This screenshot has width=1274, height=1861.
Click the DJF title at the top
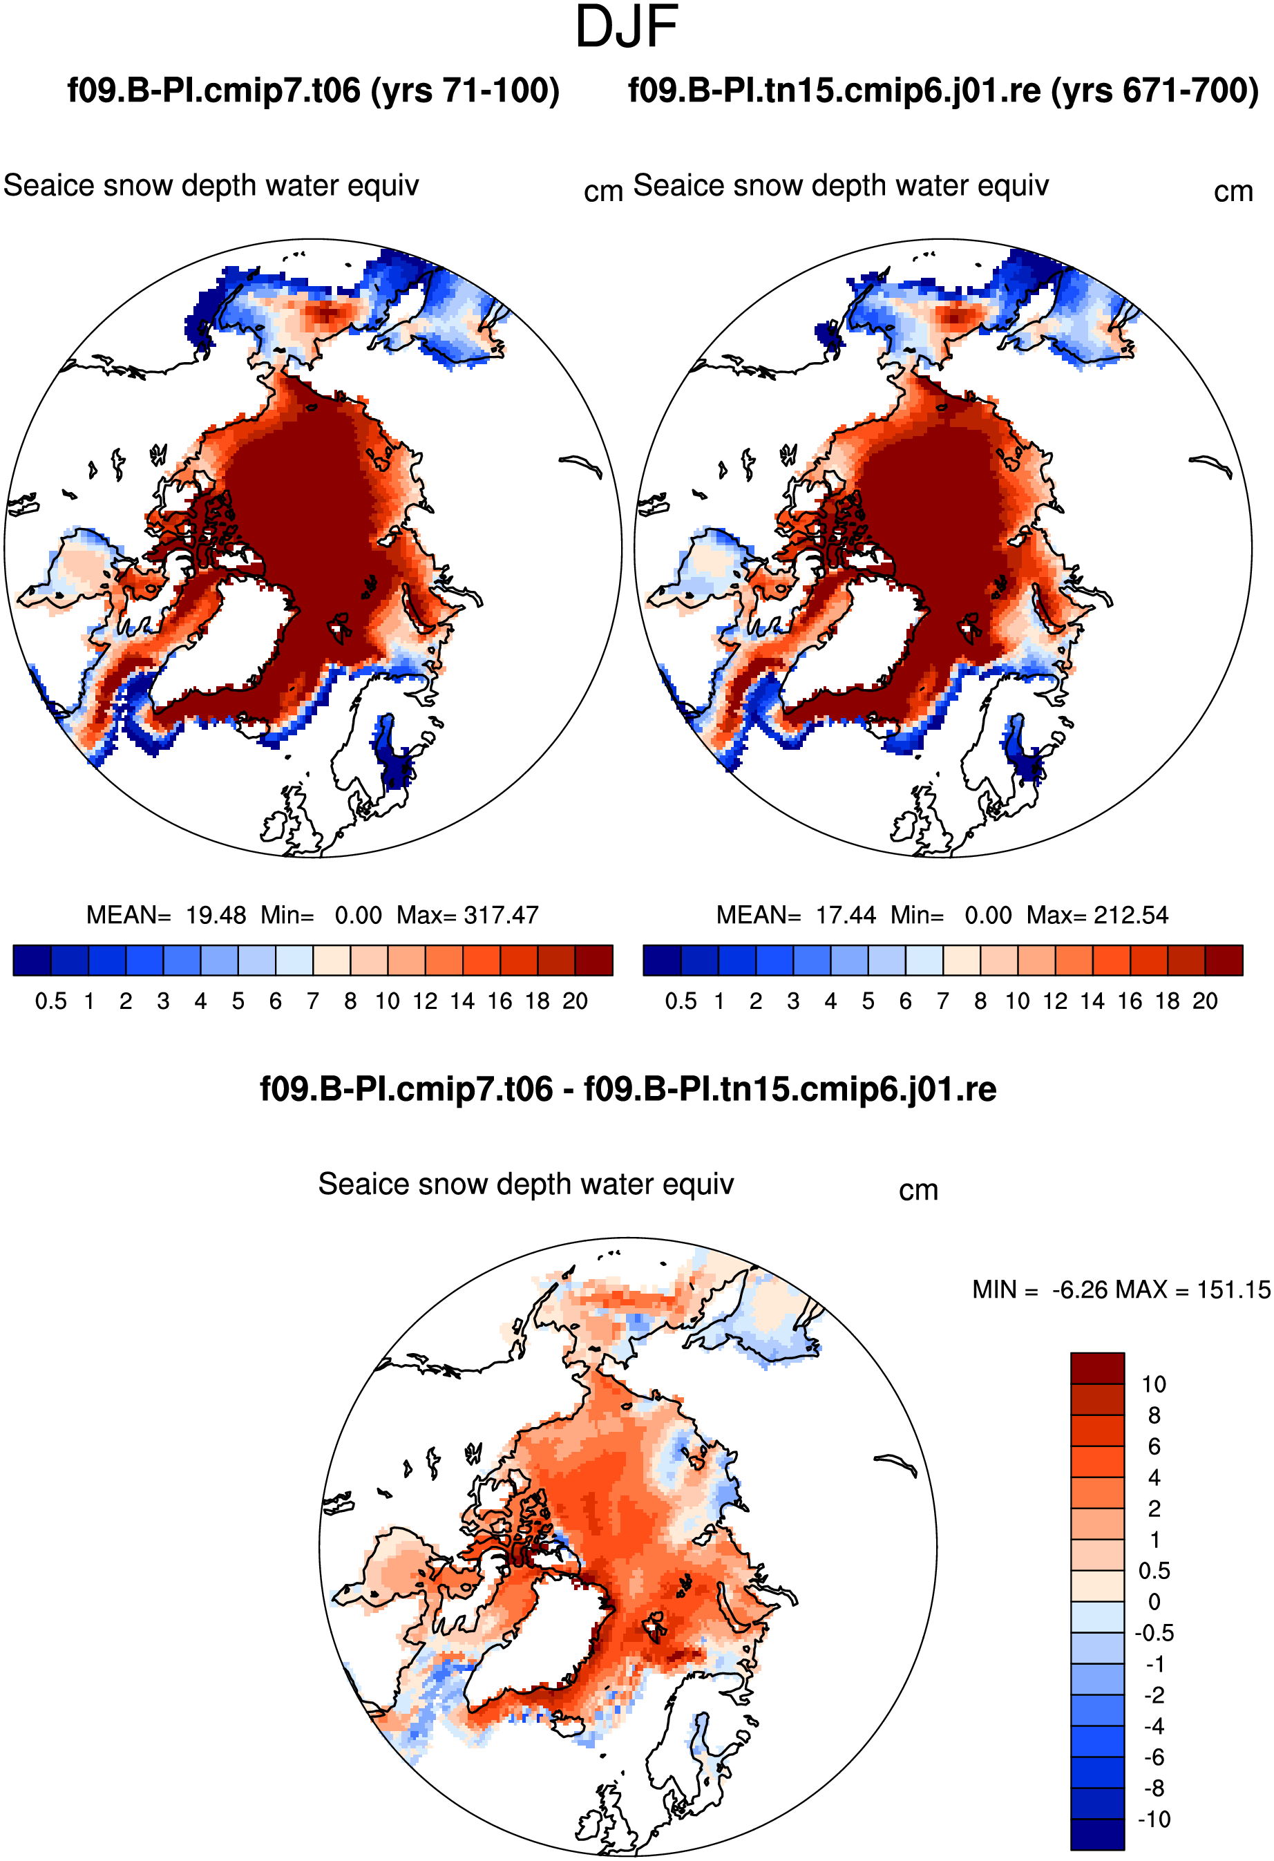pyautogui.click(x=627, y=27)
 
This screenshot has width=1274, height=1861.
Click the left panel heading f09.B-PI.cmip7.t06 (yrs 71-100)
pyautogui.click(x=313, y=91)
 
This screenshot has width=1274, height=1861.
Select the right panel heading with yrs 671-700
pyautogui.click(x=943, y=91)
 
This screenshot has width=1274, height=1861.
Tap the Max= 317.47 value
pyautogui.click(x=468, y=914)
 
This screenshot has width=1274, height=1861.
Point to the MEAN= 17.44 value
pyautogui.click(x=796, y=914)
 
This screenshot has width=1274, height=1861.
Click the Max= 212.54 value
pyautogui.click(x=1098, y=914)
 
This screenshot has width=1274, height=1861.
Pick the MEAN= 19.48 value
pyautogui.click(x=167, y=914)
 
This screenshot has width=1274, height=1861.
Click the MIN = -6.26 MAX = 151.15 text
pyautogui.click(x=1121, y=1290)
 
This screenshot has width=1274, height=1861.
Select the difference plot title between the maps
pyautogui.click(x=628, y=1089)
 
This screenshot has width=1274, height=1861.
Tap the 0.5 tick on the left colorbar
pyautogui.click(x=50, y=1001)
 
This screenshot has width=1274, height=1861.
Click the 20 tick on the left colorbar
pyautogui.click(x=575, y=1001)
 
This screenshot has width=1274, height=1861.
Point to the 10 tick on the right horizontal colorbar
pyautogui.click(x=1018, y=1001)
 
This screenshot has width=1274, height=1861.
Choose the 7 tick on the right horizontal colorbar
pyautogui.click(x=942, y=1001)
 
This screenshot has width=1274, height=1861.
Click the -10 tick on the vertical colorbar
pyautogui.click(x=1154, y=1820)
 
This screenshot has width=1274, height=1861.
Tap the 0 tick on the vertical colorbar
pyautogui.click(x=1154, y=1602)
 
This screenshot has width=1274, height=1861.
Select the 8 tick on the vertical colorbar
pyautogui.click(x=1154, y=1415)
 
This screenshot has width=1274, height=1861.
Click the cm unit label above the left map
pyautogui.click(x=603, y=192)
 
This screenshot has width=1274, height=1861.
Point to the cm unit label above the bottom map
pyautogui.click(x=918, y=1191)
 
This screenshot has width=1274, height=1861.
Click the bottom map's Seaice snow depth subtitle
pyautogui.click(x=526, y=1184)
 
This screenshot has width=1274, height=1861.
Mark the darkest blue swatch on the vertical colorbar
pyautogui.click(x=1097, y=1835)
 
